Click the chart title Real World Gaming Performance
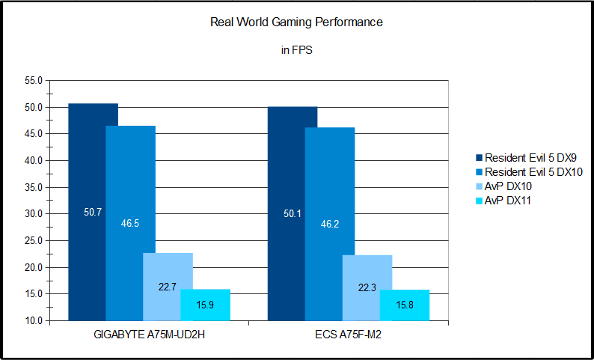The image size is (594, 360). [297, 22]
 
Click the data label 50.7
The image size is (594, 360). [93, 213]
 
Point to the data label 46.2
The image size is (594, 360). [329, 223]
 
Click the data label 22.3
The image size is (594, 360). [367, 288]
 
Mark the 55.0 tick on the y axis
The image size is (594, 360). [34, 80]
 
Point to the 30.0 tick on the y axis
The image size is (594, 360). [34, 214]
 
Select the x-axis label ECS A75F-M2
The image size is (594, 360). [348, 334]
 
